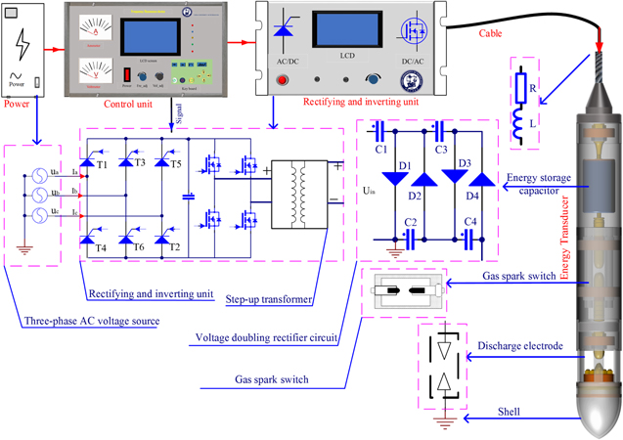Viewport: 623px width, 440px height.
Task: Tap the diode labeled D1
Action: (x=396, y=179)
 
